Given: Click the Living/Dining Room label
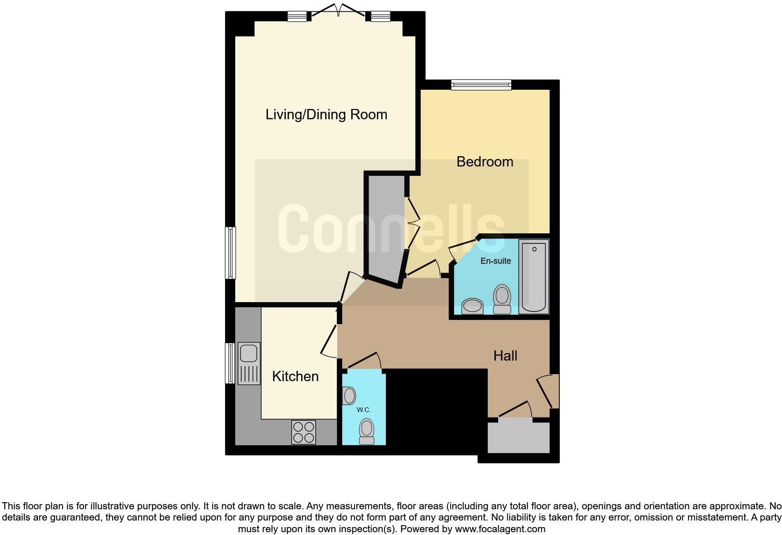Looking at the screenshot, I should click(x=326, y=115).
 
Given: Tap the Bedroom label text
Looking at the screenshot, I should click(x=485, y=162).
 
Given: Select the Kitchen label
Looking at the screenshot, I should click(x=295, y=376).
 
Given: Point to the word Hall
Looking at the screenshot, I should click(x=505, y=356).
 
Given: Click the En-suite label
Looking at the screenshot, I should click(x=495, y=261).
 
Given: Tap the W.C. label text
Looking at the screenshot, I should click(x=363, y=410).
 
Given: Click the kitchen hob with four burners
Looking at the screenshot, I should click(x=304, y=432).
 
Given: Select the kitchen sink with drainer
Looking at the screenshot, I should click(x=249, y=363).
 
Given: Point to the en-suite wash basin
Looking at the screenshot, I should click(x=472, y=306).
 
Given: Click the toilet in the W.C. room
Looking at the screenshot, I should click(x=367, y=431).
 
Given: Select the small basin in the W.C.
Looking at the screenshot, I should click(x=349, y=396).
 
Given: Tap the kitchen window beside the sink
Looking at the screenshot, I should click(x=230, y=363).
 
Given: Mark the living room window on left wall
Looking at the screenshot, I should click(x=231, y=253).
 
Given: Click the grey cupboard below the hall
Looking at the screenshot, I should click(x=518, y=437).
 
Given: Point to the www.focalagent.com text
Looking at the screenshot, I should click(x=500, y=529).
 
